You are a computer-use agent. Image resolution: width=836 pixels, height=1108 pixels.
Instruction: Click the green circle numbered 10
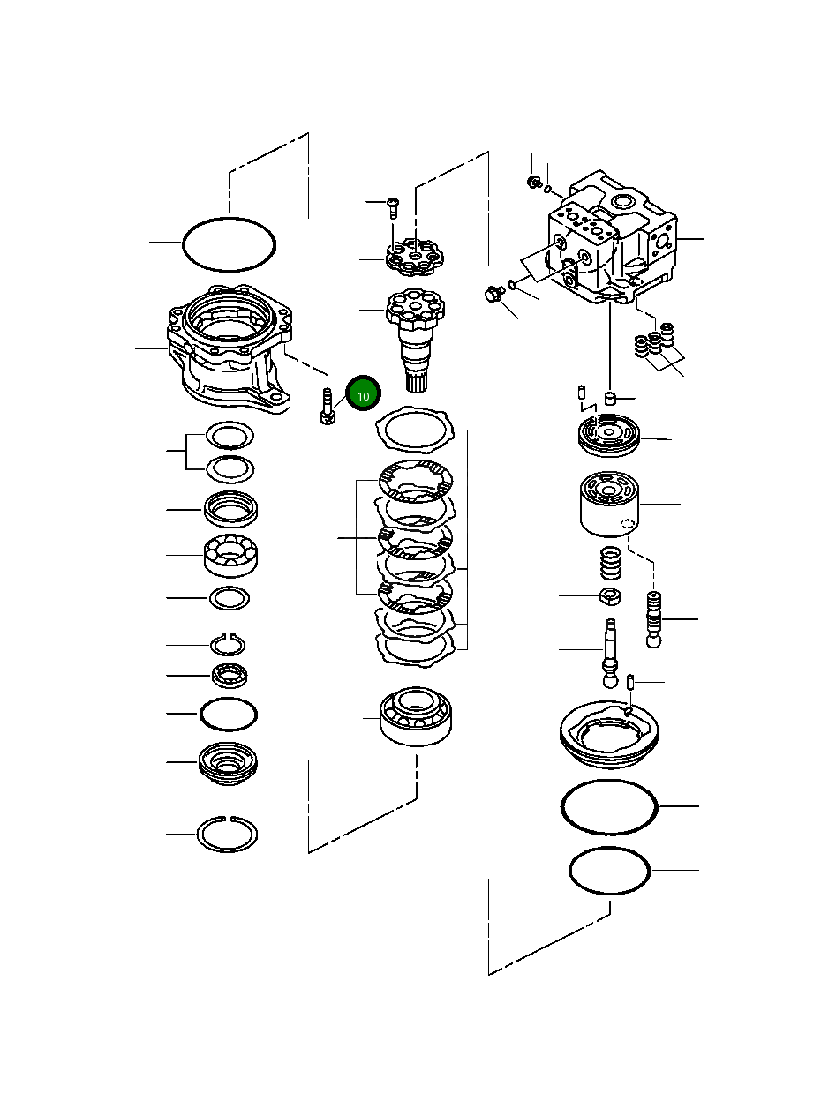click(363, 393)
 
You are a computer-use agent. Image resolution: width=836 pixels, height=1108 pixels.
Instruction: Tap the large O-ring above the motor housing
click(229, 244)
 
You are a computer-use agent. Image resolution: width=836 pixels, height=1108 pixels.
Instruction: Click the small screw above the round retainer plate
click(393, 207)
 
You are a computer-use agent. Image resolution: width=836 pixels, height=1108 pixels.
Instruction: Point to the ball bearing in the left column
click(230, 555)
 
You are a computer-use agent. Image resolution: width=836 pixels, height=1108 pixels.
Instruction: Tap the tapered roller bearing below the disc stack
click(416, 716)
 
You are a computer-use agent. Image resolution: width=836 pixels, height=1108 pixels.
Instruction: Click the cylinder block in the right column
click(609, 504)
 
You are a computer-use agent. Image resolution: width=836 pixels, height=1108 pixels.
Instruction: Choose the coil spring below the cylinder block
click(610, 564)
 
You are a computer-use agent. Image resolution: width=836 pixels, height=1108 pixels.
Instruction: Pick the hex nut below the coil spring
click(610, 596)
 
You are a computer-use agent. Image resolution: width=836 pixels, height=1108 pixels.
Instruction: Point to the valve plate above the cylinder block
click(609, 435)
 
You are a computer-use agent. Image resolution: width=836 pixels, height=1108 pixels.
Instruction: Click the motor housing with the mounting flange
click(230, 348)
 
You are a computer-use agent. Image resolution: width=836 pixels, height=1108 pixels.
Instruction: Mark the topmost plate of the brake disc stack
click(414, 430)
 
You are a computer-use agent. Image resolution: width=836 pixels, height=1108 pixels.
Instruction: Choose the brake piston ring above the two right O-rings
click(609, 736)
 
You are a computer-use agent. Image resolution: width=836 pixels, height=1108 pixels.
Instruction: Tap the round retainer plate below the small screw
click(415, 258)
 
